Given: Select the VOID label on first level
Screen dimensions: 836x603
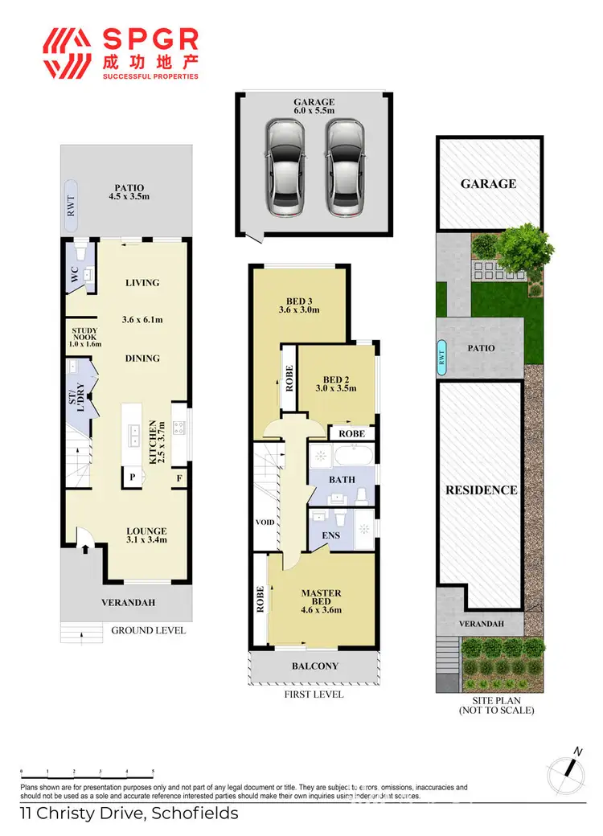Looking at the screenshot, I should pyautogui.click(x=265, y=522).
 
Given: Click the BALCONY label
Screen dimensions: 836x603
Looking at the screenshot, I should pyautogui.click(x=315, y=666).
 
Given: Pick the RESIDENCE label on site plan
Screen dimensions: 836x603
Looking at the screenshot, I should pyautogui.click(x=482, y=490).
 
